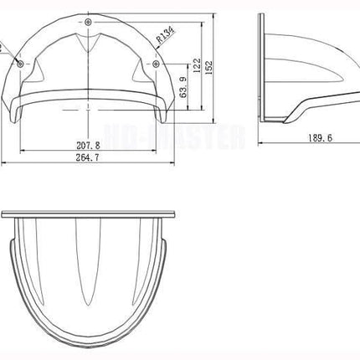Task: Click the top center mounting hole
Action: pyautogui.click(x=89, y=18)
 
